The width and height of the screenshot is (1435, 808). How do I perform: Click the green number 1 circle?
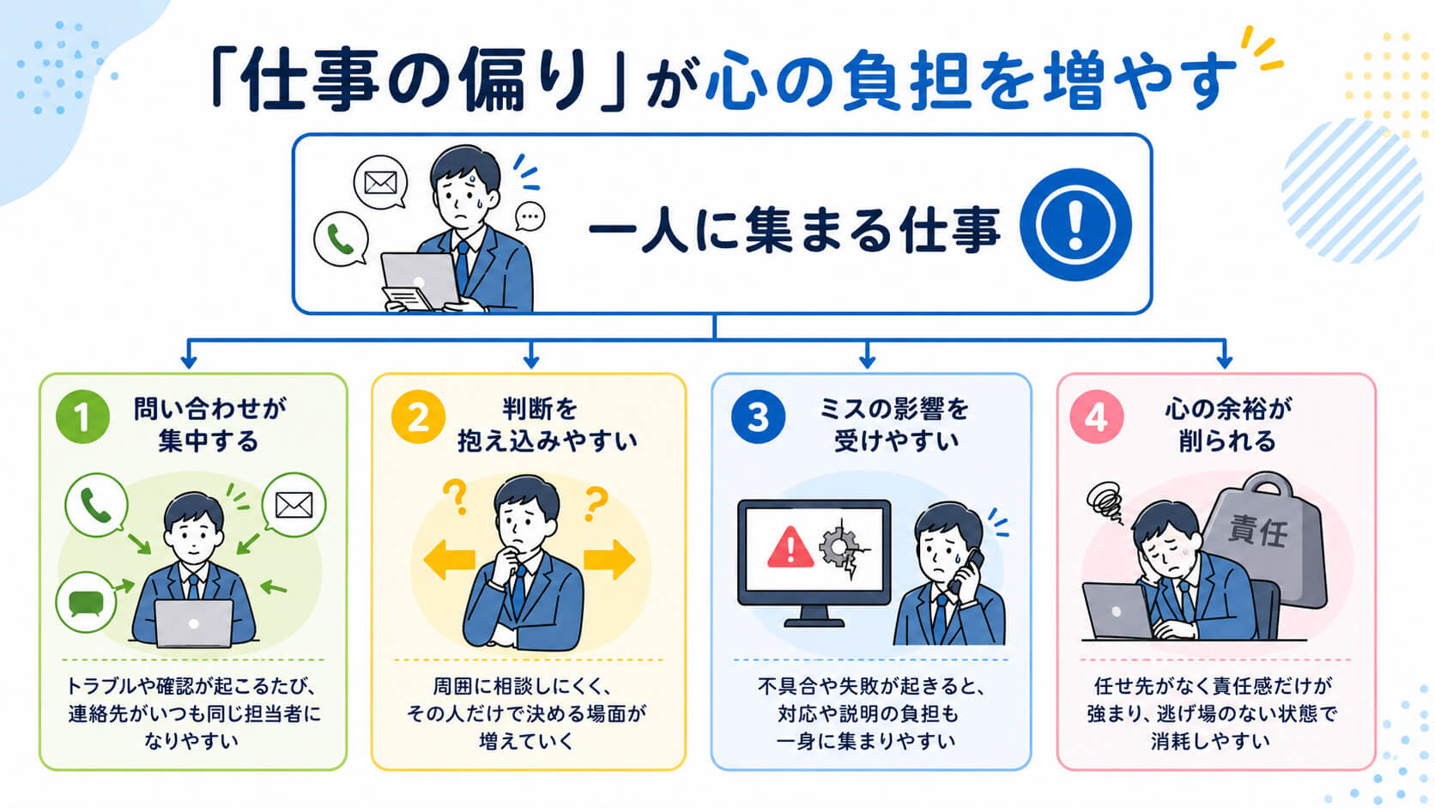(82, 416)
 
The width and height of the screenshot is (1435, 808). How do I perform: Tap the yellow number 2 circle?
(418, 416)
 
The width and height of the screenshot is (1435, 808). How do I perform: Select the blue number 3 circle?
(758, 416)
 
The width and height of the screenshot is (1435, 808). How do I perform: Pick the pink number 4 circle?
(1096, 416)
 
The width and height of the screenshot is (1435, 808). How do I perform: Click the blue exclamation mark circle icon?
(1075, 224)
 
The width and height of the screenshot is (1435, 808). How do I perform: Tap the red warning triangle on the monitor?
(790, 547)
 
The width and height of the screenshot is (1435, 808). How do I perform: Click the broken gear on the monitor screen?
(843, 548)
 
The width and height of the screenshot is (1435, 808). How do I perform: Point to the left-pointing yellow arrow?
(449, 559)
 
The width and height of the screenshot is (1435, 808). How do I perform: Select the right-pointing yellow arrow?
(609, 559)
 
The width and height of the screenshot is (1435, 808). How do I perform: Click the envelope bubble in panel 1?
(294, 505)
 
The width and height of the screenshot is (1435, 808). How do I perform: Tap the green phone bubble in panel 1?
(96, 505)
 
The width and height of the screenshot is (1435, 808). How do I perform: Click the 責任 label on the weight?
(1257, 532)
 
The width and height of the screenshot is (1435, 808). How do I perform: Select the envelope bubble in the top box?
(380, 183)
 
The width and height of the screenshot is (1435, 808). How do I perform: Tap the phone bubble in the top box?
(341, 239)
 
